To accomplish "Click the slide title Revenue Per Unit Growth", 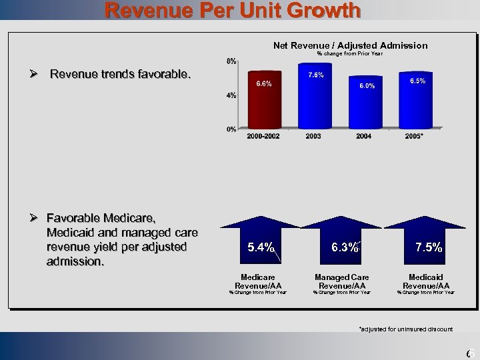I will pyautogui.click(x=233, y=10).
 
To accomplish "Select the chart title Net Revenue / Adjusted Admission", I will pyautogui.click(x=350, y=45).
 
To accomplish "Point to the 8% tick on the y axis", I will pyautogui.click(x=230, y=61).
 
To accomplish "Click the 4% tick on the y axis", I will pyautogui.click(x=230, y=95).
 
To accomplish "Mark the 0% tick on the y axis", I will pyautogui.click(x=230, y=129).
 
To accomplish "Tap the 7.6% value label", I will pyautogui.click(x=315, y=75).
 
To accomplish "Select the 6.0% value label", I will pyautogui.click(x=367, y=86).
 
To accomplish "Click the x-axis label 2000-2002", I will pyautogui.click(x=263, y=137).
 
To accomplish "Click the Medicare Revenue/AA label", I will pyautogui.click(x=258, y=281).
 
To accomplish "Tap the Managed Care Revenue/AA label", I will pyautogui.click(x=342, y=281).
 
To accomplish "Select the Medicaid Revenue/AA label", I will pyautogui.click(x=426, y=281).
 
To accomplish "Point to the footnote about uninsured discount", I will pyautogui.click(x=405, y=329).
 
